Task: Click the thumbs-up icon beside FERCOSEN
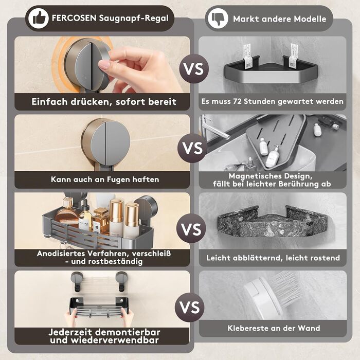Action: point(39,19)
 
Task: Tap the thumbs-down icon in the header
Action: point(218,19)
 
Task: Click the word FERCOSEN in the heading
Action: point(74,18)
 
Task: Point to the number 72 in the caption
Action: point(237,101)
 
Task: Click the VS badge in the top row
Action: point(194,69)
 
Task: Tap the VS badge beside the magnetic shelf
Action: point(192,148)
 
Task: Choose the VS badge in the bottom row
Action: point(189,308)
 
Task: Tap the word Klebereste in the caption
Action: point(246,328)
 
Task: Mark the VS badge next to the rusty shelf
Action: point(191,228)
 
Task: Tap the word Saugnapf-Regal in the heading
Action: point(134,19)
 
